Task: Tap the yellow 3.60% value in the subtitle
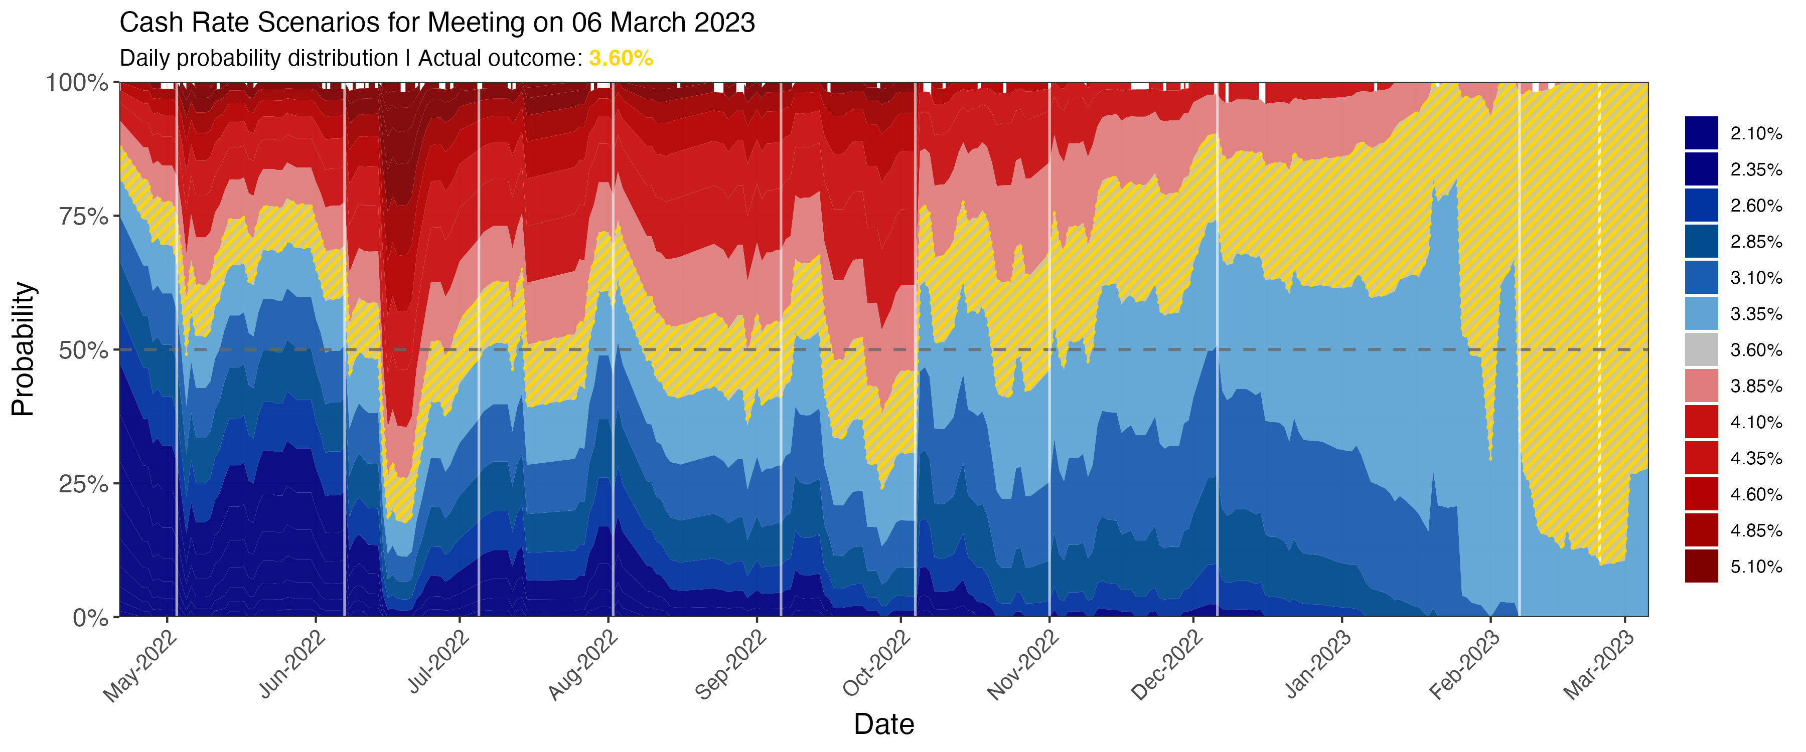click(x=621, y=58)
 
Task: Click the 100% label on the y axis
click(x=77, y=83)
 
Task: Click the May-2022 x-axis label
click(x=140, y=666)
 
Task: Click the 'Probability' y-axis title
click(x=23, y=349)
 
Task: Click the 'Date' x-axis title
click(x=883, y=724)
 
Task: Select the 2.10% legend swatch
click(x=1702, y=133)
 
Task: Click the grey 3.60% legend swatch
click(x=1702, y=350)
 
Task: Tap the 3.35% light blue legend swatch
click(x=1702, y=313)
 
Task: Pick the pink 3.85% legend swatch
click(x=1702, y=386)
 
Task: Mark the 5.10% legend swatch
click(x=1702, y=567)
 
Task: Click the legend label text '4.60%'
click(x=1755, y=495)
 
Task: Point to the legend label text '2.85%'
click(x=1755, y=242)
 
